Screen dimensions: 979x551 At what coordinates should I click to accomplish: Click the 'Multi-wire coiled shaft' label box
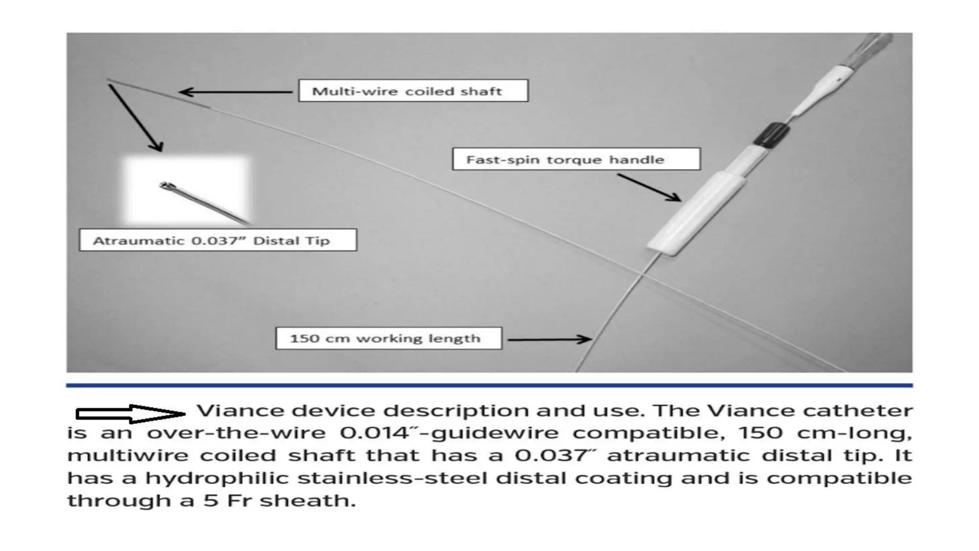coord(413,91)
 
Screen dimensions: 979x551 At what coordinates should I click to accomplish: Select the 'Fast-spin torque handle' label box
coord(576,159)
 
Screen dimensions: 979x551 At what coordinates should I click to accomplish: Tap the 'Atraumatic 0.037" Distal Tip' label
coord(218,240)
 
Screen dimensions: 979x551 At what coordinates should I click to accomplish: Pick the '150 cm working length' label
coord(389,339)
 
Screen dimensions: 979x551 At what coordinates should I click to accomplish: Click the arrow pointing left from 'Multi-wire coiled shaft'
coord(234,92)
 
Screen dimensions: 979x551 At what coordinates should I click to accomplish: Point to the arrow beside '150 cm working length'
coord(550,340)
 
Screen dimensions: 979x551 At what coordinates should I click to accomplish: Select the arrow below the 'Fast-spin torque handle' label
coord(649,187)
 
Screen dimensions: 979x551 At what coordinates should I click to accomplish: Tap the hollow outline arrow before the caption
coord(130,414)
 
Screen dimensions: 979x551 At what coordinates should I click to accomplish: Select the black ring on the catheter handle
coord(771,134)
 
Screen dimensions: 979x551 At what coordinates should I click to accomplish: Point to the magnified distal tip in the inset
coord(201,201)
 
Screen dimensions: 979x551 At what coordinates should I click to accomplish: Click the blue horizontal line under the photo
coord(489,385)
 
